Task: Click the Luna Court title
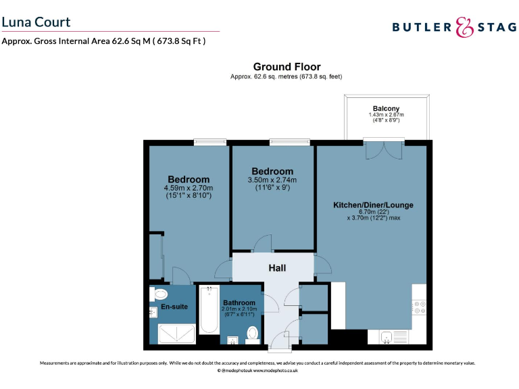coord(36,22)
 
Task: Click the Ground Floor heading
coord(287,67)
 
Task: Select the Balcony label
coord(386,109)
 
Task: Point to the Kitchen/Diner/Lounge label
coord(373,205)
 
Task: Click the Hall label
coord(277,268)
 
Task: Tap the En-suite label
coord(174,307)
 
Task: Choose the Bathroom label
coord(239,303)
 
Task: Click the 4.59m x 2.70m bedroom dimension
coord(188,188)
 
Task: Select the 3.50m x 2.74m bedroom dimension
coord(272,180)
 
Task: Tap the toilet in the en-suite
coord(160,294)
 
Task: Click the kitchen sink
coord(389,337)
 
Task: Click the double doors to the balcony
coord(384,149)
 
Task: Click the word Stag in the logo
coord(495,27)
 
